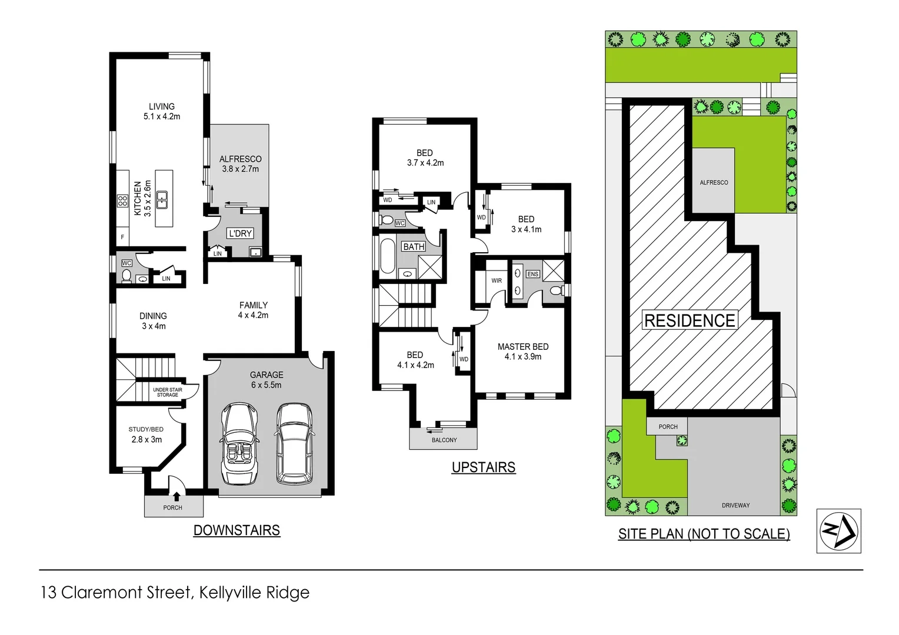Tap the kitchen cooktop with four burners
(x=122, y=201)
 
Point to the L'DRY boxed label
(x=240, y=233)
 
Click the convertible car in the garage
(x=240, y=443)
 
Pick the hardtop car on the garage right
(x=294, y=442)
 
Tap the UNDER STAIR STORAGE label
(x=167, y=392)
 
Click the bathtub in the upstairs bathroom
(x=387, y=256)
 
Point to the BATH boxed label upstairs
(x=414, y=247)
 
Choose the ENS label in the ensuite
(x=532, y=274)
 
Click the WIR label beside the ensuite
(x=497, y=280)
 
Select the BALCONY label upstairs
(x=444, y=440)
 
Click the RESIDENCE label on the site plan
(x=690, y=320)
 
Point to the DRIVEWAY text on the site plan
(x=735, y=505)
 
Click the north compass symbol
(x=838, y=531)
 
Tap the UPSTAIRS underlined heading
(x=484, y=467)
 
